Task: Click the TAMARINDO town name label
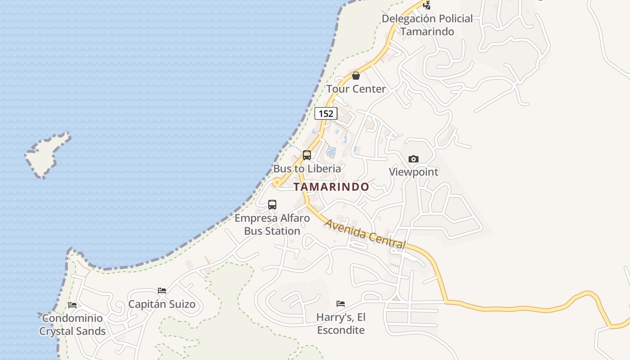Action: (x=331, y=187)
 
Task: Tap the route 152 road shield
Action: (x=326, y=113)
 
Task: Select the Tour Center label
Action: (x=356, y=89)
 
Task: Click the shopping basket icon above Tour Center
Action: (x=356, y=76)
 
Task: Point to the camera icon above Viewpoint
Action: (x=413, y=159)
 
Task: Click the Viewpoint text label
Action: (x=413, y=172)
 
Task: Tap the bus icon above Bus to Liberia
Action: (x=307, y=155)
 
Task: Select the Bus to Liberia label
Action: (x=307, y=169)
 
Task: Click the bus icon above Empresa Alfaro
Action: (x=272, y=205)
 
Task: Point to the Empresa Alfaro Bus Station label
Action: (x=272, y=225)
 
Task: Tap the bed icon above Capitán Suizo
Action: (x=162, y=291)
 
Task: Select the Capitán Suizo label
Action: (x=162, y=304)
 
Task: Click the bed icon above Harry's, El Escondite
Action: (x=341, y=304)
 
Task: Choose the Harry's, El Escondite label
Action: (x=341, y=324)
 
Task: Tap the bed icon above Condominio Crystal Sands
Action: (x=72, y=305)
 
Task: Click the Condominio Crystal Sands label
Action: (x=72, y=325)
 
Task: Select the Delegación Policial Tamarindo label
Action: (x=427, y=25)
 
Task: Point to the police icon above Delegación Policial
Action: (x=427, y=5)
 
